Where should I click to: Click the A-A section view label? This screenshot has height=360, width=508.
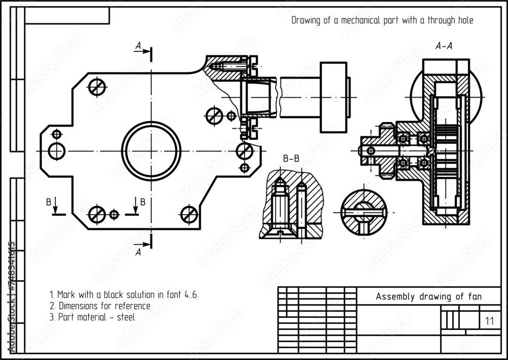(x=444, y=46)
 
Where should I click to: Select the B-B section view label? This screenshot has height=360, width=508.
(x=291, y=159)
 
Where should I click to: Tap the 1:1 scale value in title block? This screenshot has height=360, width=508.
(x=489, y=321)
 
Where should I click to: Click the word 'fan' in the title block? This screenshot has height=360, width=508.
(x=474, y=296)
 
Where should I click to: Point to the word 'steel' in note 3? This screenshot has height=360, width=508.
(x=124, y=317)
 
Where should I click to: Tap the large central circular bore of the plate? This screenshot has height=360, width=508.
(x=151, y=151)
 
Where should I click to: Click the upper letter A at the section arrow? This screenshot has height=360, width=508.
(x=138, y=46)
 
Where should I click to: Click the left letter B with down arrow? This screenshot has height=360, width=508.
(x=49, y=202)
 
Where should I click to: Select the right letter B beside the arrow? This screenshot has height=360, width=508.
(x=143, y=202)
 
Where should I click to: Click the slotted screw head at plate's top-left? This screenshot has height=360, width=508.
(x=97, y=87)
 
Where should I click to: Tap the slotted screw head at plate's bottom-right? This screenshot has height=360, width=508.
(x=189, y=214)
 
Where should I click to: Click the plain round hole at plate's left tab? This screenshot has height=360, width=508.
(x=56, y=151)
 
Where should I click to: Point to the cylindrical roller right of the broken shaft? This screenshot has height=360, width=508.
(x=333, y=97)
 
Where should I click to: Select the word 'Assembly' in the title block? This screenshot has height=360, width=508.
(x=395, y=296)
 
